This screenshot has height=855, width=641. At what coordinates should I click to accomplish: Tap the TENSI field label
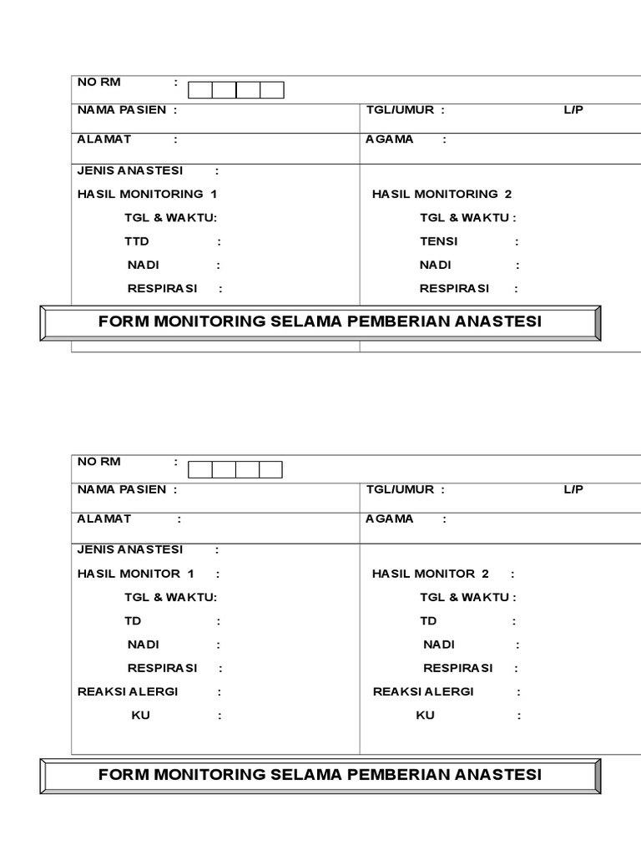click(x=439, y=241)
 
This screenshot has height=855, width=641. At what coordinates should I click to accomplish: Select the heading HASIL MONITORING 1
click(x=147, y=194)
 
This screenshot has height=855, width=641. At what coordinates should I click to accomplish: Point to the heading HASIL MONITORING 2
click(x=442, y=194)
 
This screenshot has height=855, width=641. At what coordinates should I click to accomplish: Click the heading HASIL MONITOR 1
click(x=135, y=574)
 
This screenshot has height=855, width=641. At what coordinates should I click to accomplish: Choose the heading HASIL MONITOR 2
click(x=430, y=574)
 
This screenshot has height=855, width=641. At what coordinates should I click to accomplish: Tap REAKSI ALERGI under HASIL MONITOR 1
click(x=128, y=691)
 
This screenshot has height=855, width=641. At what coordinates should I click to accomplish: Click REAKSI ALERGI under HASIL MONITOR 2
click(x=423, y=691)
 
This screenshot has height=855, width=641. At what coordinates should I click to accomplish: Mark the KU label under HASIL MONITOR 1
click(x=141, y=716)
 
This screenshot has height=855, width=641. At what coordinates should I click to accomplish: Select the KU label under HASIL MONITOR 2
click(x=425, y=716)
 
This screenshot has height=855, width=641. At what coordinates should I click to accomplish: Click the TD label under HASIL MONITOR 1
click(x=134, y=621)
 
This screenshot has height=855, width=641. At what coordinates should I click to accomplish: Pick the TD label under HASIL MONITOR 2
click(x=428, y=621)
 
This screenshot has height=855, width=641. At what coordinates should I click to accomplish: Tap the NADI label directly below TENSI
click(x=436, y=265)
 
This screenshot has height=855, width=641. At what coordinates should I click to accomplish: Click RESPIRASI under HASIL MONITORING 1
click(x=162, y=289)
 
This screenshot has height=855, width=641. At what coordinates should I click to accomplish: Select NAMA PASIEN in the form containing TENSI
click(x=122, y=110)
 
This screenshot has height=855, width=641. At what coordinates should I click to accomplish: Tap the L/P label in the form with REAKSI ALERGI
click(x=573, y=489)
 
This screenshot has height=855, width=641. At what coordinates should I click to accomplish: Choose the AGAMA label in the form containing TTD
click(x=390, y=139)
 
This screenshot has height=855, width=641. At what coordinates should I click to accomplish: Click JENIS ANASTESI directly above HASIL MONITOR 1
click(x=130, y=549)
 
